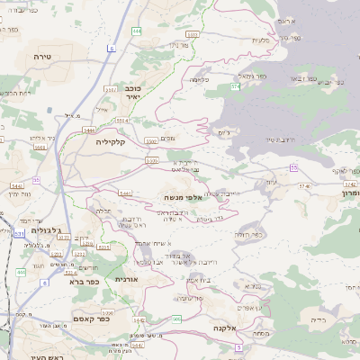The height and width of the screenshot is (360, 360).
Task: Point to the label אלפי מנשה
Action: click(x=180, y=197)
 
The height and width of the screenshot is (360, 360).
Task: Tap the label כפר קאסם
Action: click(x=91, y=317)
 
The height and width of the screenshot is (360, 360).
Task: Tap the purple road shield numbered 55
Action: click(x=293, y=167)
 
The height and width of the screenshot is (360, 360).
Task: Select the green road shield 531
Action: click(x=18, y=233)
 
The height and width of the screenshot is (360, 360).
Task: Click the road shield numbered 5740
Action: click(x=303, y=185)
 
